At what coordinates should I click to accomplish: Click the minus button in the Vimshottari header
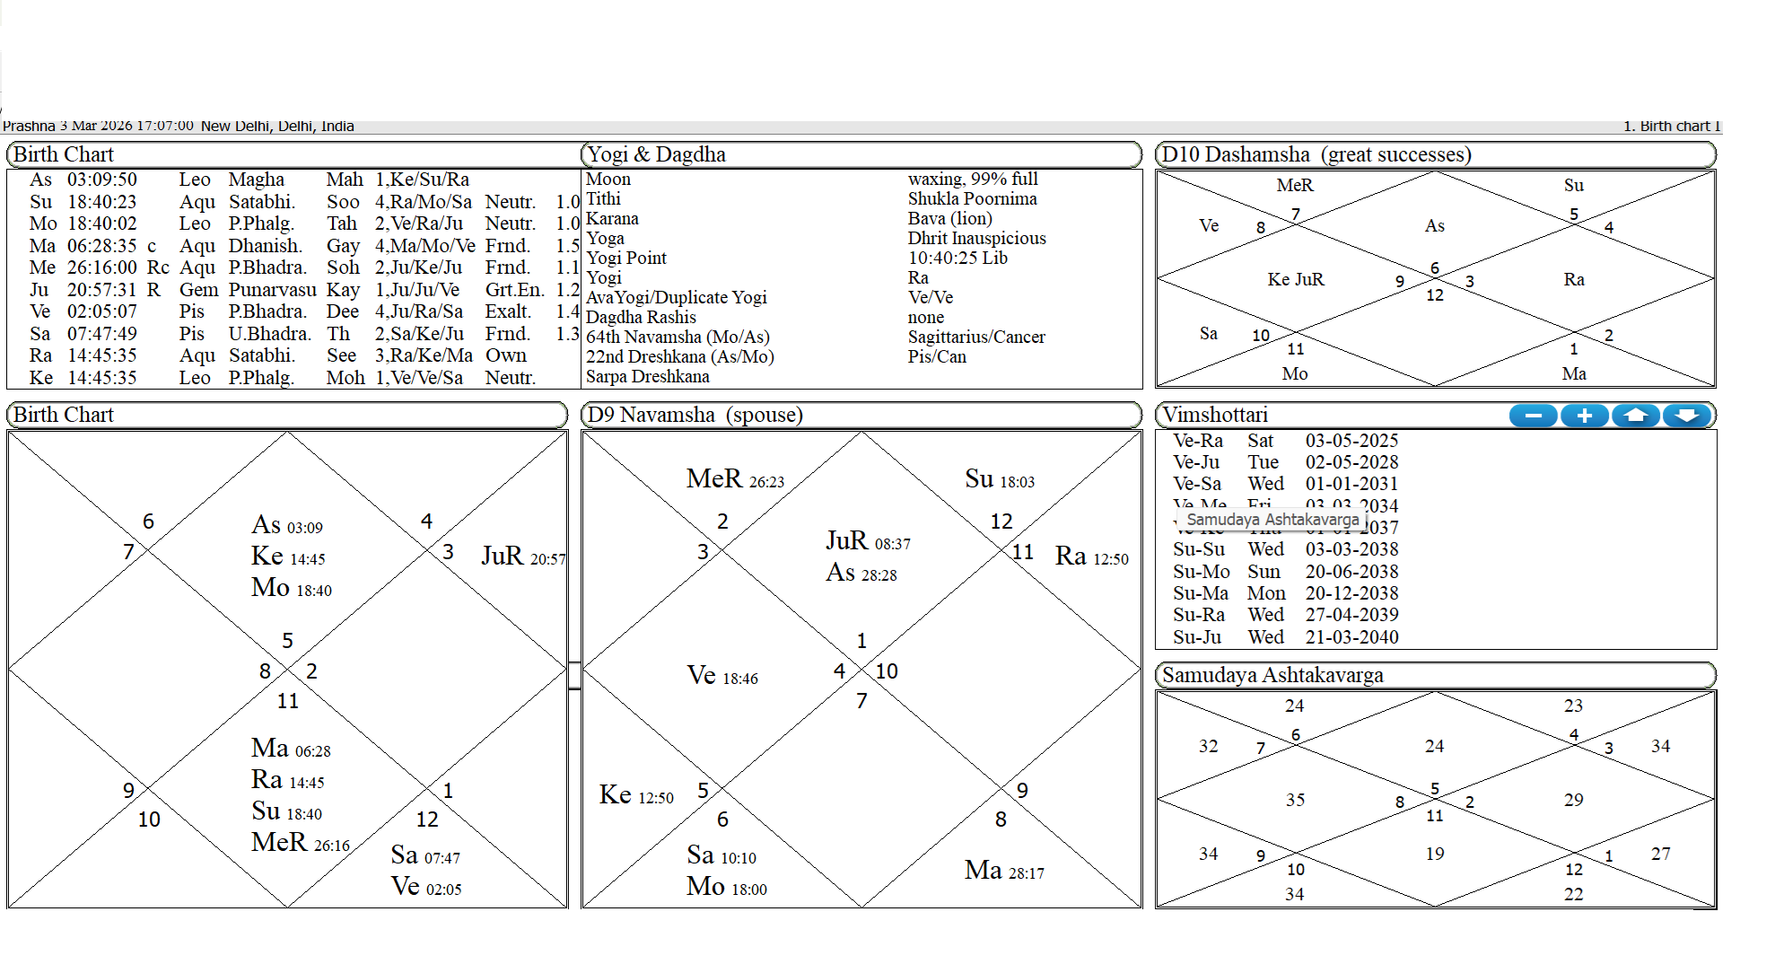coord(1534,416)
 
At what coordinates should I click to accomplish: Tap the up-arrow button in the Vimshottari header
coord(1636,416)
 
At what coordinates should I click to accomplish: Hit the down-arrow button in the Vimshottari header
coord(1687,416)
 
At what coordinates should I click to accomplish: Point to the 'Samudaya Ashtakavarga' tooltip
coord(1272,520)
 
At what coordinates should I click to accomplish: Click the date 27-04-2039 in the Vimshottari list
coord(1351,615)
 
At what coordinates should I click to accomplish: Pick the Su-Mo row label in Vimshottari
coord(1201,572)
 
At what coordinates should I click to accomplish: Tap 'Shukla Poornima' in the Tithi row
coord(972,199)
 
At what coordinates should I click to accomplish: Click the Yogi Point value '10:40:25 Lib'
coord(957,259)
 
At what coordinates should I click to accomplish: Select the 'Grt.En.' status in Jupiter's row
coord(514,290)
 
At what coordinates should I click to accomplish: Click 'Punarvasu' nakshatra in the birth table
coord(272,290)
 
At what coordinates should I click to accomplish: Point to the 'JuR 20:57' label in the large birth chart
coord(523,557)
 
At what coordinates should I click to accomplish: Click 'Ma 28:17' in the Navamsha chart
coord(1004,871)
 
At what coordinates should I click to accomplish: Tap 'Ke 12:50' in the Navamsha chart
coord(636,795)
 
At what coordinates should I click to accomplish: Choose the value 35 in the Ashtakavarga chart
coord(1295,800)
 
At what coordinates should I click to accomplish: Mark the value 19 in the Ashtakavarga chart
coord(1435,854)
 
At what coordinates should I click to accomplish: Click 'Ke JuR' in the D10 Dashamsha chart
coord(1295,280)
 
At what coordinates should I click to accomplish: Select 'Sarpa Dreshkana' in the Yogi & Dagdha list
coord(647,377)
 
